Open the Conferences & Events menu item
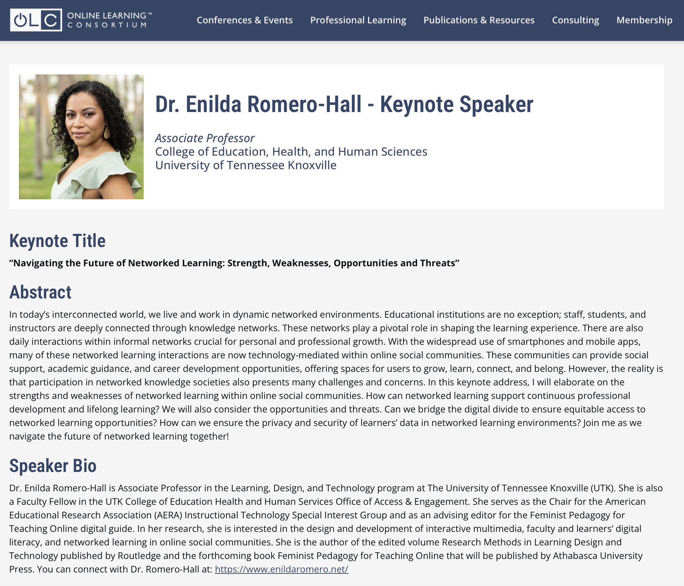tap(245, 20)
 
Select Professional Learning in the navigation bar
tap(358, 20)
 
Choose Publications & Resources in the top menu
tap(479, 20)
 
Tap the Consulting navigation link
tap(576, 20)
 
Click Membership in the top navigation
tap(644, 20)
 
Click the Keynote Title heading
tap(57, 241)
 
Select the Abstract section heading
tap(40, 292)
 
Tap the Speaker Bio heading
tap(53, 466)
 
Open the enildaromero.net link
tap(282, 569)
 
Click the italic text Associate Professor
tap(204, 138)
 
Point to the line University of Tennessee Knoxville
tap(246, 165)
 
